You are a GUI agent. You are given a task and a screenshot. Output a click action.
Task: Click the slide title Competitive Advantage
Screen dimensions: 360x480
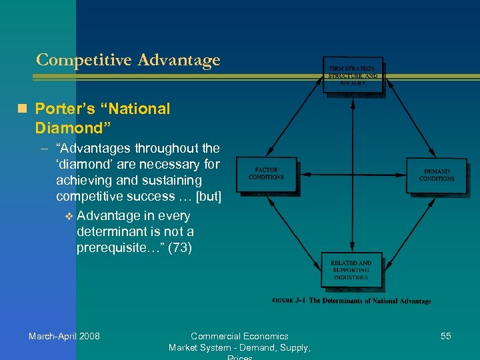point(128,60)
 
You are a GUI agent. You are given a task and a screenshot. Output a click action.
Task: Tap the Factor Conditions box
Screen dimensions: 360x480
point(266,174)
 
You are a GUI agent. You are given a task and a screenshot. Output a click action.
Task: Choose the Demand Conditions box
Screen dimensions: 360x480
point(437,175)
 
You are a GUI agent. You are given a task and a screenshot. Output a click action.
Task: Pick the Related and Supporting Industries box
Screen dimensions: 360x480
point(351,270)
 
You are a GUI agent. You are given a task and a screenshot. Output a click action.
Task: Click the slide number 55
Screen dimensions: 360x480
point(445,336)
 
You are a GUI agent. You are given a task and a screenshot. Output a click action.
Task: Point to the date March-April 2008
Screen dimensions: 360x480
point(64,336)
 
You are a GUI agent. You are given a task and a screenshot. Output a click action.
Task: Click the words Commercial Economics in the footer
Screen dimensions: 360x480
point(239,336)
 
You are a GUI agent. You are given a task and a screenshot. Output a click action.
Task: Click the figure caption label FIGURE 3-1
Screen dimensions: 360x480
point(289,301)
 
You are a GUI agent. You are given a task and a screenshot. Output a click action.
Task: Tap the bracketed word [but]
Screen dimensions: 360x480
point(205,196)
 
